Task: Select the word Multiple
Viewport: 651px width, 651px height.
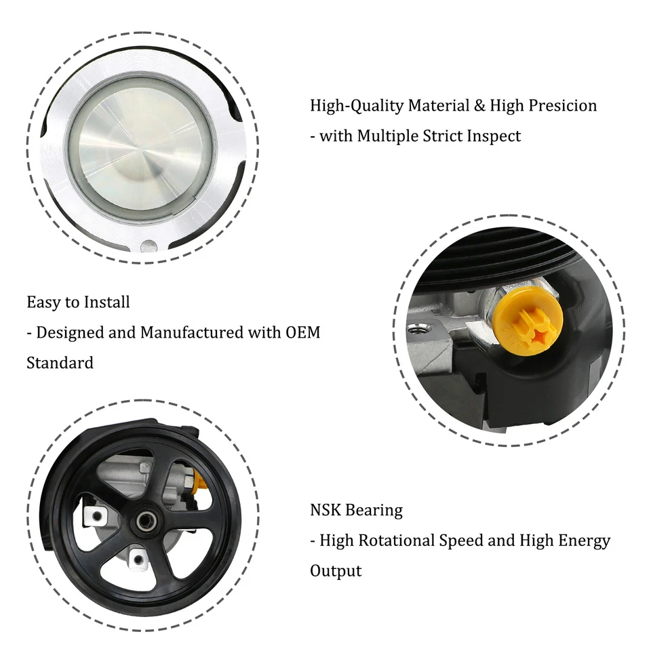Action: pyautogui.click(x=390, y=136)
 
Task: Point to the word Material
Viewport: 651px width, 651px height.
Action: pyautogui.click(x=441, y=106)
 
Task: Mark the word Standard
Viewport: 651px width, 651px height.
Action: pyautogui.click(x=60, y=362)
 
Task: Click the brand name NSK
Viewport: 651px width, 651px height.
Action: pyautogui.click(x=325, y=510)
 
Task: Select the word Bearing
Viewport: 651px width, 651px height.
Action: pyautogui.click(x=374, y=510)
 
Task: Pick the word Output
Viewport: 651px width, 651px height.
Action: pyautogui.click(x=336, y=570)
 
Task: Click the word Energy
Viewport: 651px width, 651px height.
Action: pyautogui.click(x=582, y=540)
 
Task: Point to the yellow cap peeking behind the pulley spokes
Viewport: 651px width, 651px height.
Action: pyautogui.click(x=199, y=483)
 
